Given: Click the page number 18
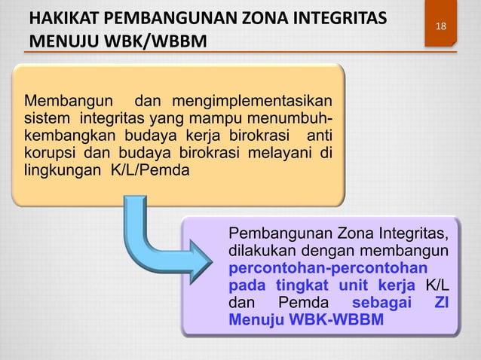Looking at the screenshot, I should (x=440, y=27).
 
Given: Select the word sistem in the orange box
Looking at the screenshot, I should (x=46, y=118).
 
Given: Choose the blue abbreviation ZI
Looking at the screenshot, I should (x=443, y=303).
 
